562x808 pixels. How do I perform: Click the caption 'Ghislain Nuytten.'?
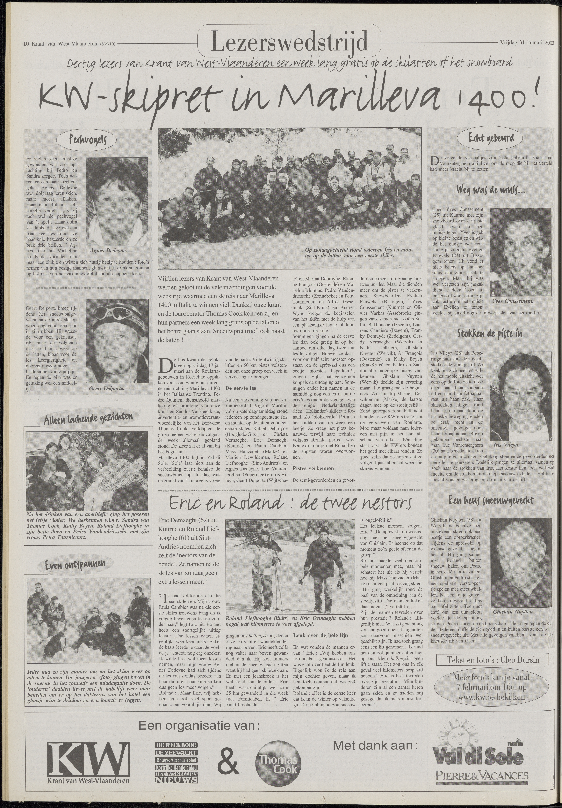(513, 602)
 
